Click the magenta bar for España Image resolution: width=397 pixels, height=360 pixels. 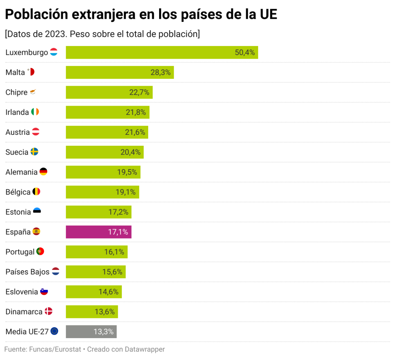click(x=98, y=232)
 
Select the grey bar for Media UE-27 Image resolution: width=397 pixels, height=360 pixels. click(x=91, y=332)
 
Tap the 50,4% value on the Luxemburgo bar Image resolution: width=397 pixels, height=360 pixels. click(x=244, y=53)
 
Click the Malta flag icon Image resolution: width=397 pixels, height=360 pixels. click(x=31, y=72)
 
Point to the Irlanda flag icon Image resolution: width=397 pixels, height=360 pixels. click(x=35, y=112)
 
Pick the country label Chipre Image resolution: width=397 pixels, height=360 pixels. click(x=16, y=92)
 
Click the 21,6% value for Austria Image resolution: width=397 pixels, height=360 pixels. click(x=135, y=132)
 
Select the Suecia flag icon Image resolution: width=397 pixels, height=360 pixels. click(x=34, y=152)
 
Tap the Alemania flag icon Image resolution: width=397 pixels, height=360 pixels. click(x=43, y=172)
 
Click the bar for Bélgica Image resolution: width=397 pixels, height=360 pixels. click(x=102, y=192)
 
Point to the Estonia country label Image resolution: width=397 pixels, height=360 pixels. click(x=18, y=212)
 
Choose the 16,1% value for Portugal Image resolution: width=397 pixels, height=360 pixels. click(x=114, y=252)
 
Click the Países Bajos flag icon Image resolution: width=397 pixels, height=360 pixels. click(x=56, y=272)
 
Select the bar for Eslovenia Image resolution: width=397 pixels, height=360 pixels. click(x=94, y=292)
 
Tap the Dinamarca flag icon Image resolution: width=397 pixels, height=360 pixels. click(x=49, y=311)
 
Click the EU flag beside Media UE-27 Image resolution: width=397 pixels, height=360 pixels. click(x=55, y=331)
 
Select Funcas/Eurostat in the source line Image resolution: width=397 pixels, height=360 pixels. click(x=55, y=349)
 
